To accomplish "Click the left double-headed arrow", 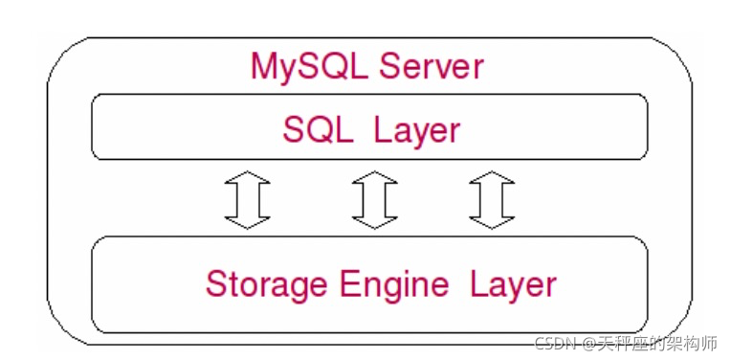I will (x=247, y=200).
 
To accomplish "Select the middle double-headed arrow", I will (x=374, y=200).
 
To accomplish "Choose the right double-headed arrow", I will (x=493, y=200).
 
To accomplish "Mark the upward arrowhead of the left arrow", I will (x=247, y=178).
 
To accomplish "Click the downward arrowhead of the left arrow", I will (x=247, y=222).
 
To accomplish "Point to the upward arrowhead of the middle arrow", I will (x=374, y=178).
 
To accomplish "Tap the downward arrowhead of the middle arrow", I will (x=374, y=222).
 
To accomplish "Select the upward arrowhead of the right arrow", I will (x=493, y=178).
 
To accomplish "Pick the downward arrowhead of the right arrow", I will (x=493, y=222).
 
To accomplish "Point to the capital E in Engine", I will (x=339, y=283).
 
